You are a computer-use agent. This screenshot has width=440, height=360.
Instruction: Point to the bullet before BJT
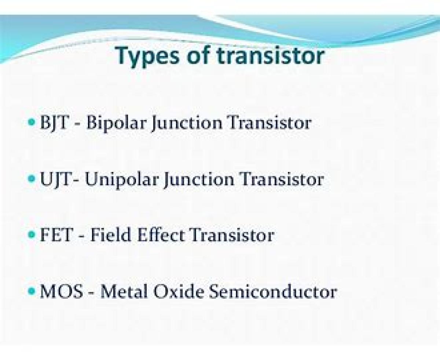(x=32, y=122)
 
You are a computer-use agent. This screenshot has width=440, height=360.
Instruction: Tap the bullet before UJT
(x=32, y=179)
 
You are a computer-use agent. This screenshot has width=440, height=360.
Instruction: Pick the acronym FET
(x=56, y=235)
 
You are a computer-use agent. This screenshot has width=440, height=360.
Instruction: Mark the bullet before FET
(x=32, y=234)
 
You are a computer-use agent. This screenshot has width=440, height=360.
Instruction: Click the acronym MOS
(x=61, y=291)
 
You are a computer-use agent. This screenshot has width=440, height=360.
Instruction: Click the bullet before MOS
(x=32, y=291)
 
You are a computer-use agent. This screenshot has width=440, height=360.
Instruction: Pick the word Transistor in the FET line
(x=232, y=235)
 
